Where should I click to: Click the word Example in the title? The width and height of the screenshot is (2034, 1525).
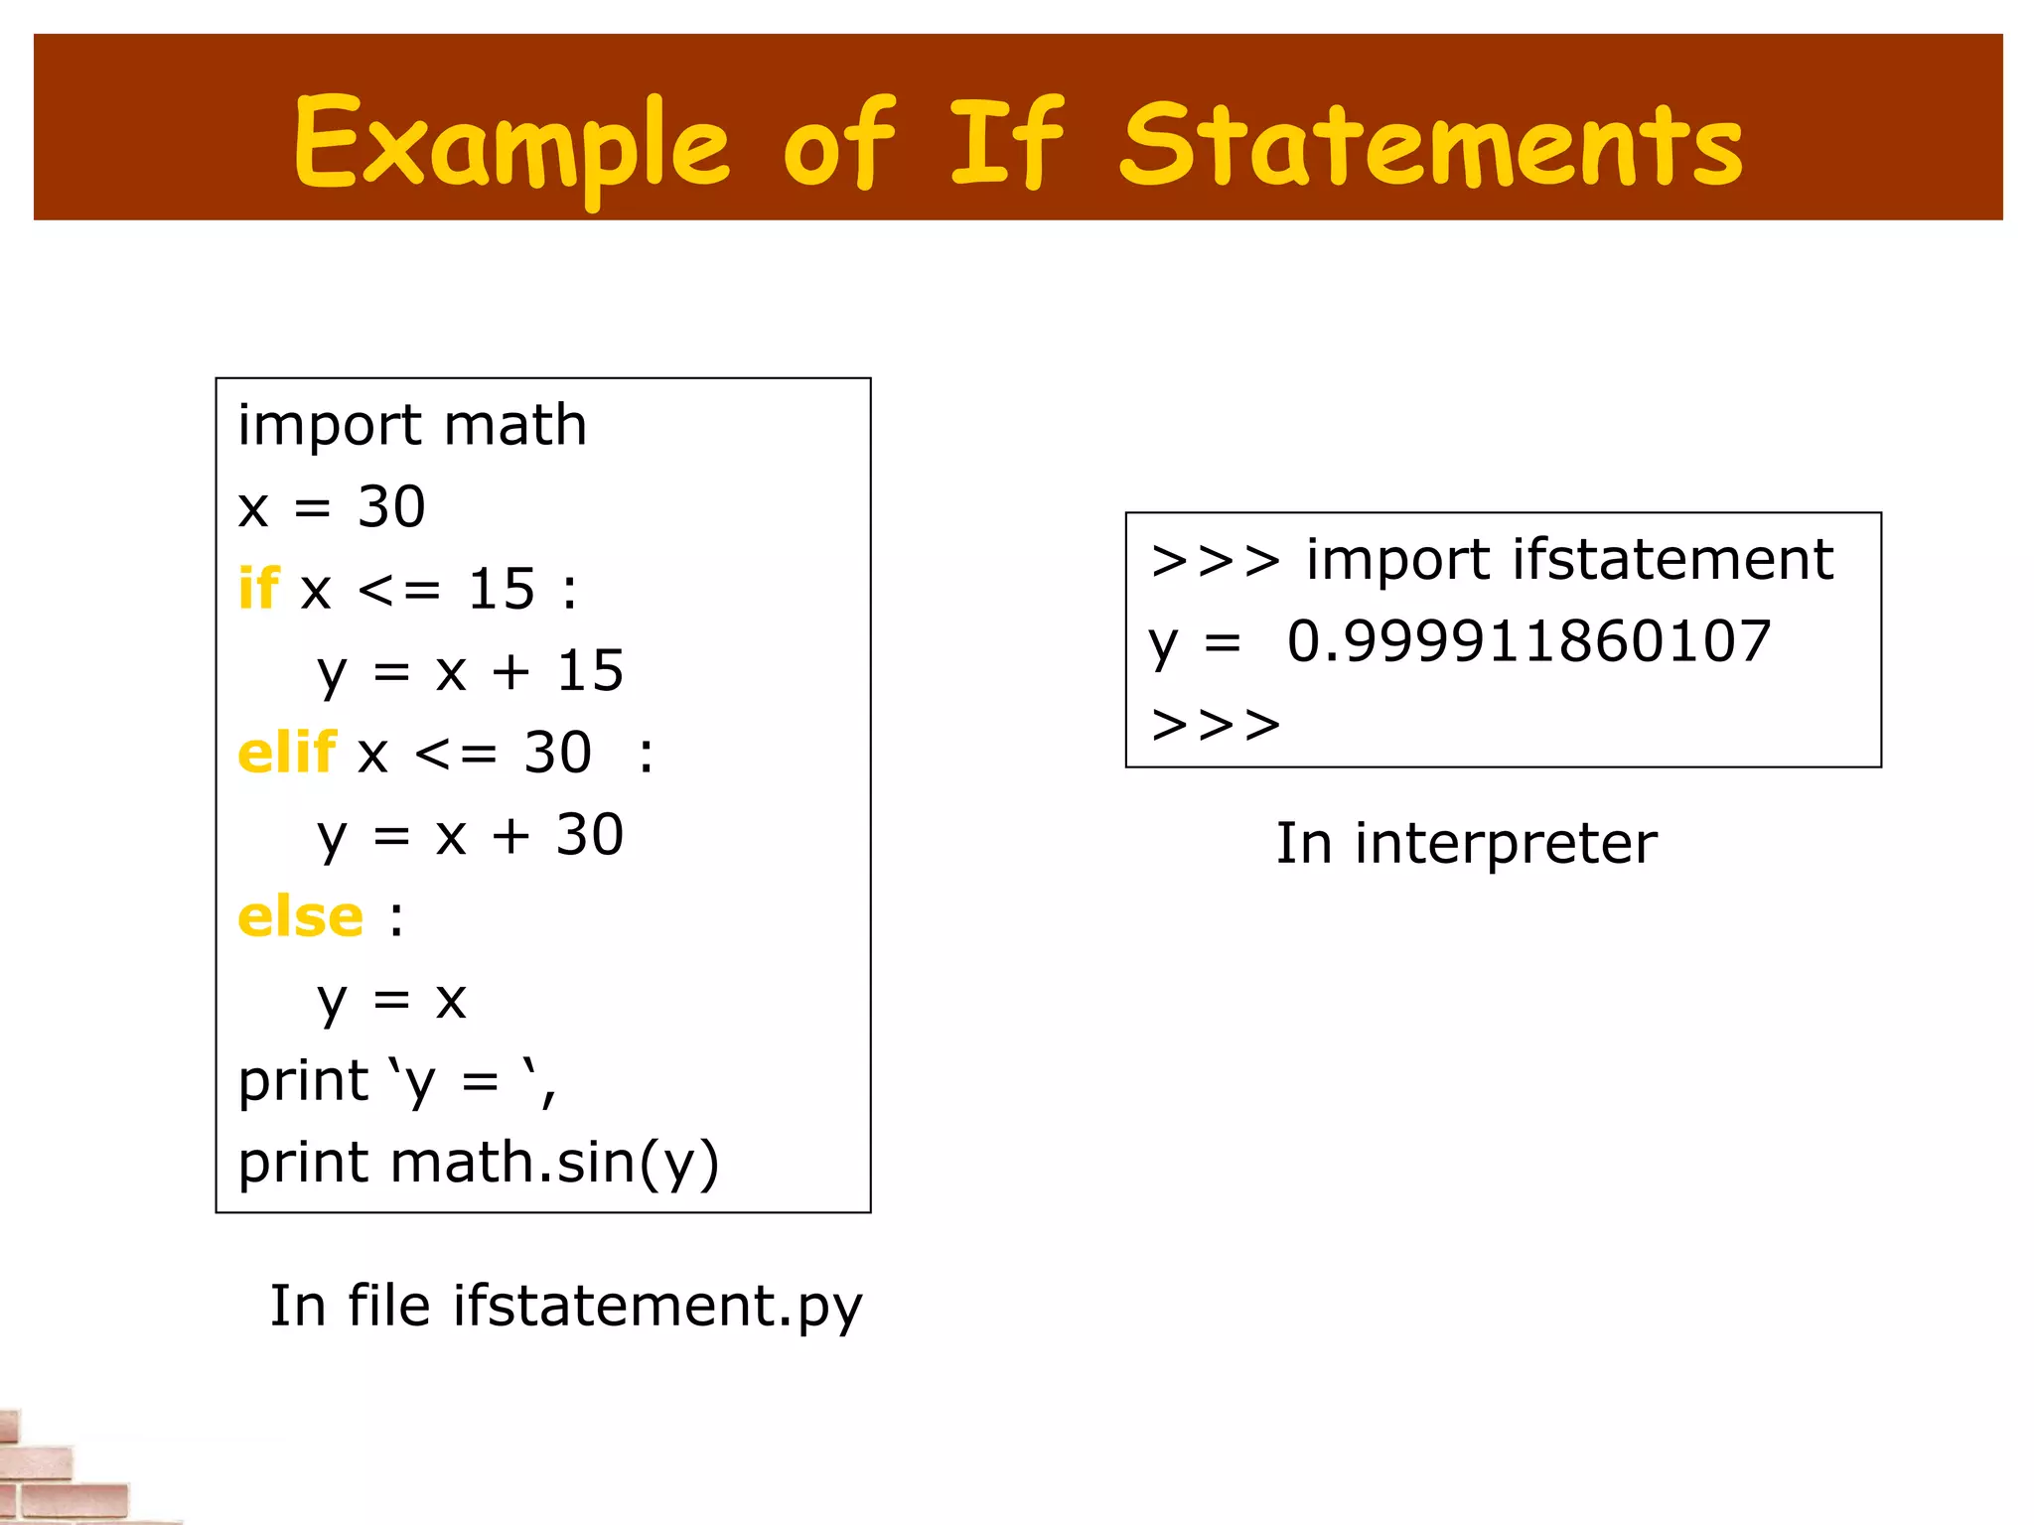pos(511,144)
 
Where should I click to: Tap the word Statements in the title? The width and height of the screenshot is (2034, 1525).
pos(1431,144)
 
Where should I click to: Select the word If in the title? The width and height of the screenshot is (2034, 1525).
pos(1006,144)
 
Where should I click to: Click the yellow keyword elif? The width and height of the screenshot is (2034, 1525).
pos(287,753)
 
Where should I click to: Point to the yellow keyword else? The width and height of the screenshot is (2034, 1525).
pos(301,916)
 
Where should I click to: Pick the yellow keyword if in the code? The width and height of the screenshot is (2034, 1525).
pos(258,589)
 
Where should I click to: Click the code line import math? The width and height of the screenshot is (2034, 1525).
pos(412,425)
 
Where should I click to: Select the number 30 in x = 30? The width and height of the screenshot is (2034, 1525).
pos(391,506)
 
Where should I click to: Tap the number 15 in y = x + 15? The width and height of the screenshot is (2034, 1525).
pos(590,671)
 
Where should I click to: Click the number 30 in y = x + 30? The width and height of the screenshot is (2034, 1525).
pos(590,835)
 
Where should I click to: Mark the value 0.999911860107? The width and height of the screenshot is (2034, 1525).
pos(1529,641)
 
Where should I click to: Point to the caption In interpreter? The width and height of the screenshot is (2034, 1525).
pos(1466,844)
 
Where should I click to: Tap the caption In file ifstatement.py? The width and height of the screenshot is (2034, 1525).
pos(566,1306)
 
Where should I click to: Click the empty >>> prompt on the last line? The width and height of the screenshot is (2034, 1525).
pos(1216,725)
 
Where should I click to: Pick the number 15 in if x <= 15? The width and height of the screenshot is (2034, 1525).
pos(502,589)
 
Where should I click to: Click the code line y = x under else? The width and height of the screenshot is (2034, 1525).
pos(391,999)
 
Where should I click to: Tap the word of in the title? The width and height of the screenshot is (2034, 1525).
pos(839,144)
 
